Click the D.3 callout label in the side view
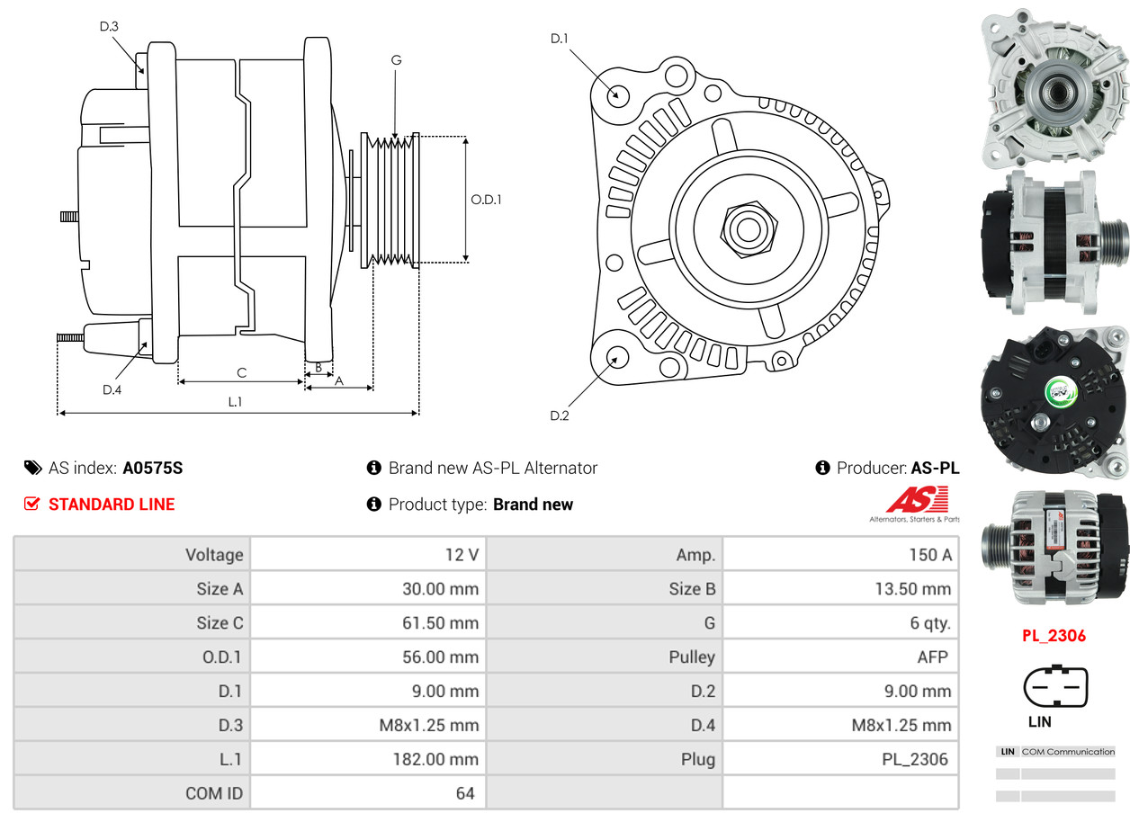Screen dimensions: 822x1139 click(109, 26)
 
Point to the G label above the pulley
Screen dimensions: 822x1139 click(396, 60)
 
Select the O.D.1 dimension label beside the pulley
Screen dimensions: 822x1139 click(486, 199)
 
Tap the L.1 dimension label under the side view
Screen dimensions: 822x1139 click(234, 402)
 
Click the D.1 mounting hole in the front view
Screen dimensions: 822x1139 click(617, 94)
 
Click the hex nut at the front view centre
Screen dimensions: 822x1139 click(747, 228)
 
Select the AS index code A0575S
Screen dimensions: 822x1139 click(153, 468)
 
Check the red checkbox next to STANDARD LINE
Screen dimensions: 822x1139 click(31, 504)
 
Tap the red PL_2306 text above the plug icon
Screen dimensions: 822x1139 click(1054, 636)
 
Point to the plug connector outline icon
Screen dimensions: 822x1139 click(1055, 688)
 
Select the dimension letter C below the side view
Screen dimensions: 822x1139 click(241, 372)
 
